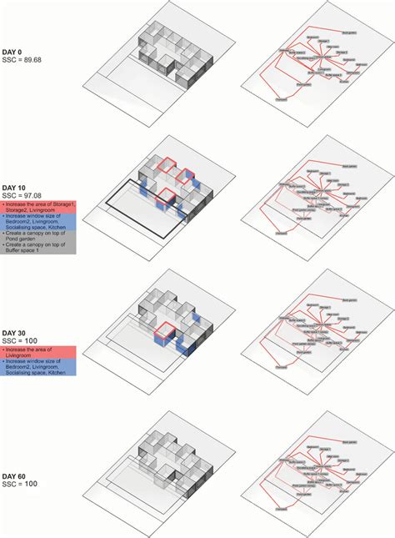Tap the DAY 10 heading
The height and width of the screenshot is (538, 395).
point(15,189)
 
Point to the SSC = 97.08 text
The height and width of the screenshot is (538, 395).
point(24,197)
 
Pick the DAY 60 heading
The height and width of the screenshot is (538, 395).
point(15,475)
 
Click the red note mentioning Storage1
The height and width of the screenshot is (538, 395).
point(38,207)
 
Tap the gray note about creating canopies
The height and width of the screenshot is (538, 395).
point(38,242)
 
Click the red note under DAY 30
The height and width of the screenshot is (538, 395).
point(38,353)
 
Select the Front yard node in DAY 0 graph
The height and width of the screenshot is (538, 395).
point(281,102)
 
